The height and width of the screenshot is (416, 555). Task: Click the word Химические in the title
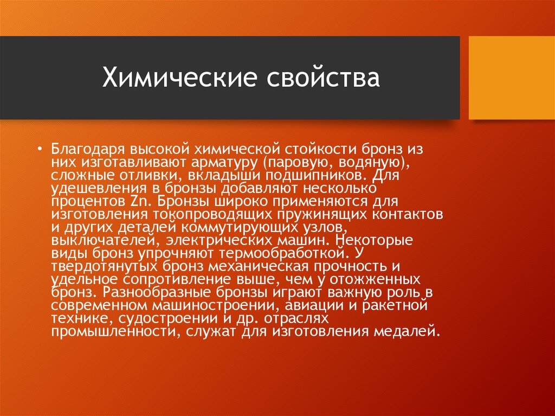[x=179, y=78]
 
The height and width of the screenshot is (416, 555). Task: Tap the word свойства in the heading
[x=323, y=78]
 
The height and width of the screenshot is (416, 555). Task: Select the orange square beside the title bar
[x=512, y=78]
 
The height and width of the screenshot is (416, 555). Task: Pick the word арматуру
[x=224, y=162]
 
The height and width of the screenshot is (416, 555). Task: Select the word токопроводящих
[x=213, y=214]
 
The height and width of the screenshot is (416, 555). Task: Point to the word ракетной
[x=395, y=305]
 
